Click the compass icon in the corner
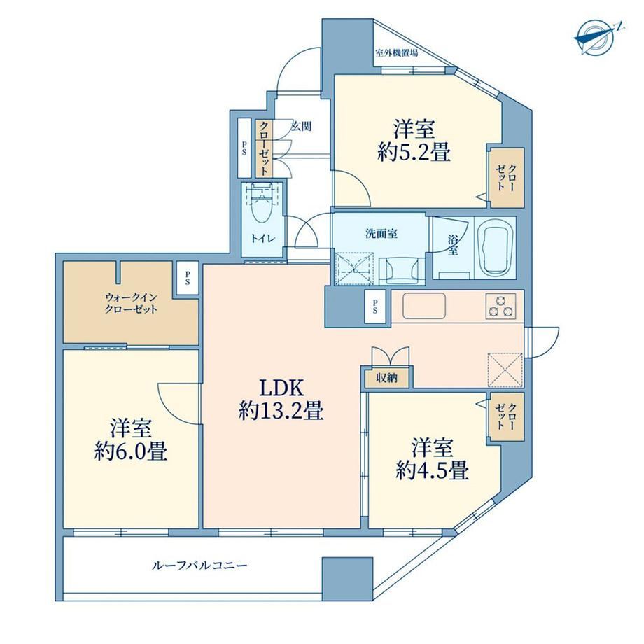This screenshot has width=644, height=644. (x=596, y=37)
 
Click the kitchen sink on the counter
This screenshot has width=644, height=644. (x=424, y=306)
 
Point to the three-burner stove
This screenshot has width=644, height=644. (x=500, y=306)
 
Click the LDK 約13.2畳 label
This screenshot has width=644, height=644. (x=281, y=399)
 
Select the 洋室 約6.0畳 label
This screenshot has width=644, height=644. (x=131, y=440)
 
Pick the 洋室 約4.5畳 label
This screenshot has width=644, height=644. (x=433, y=459)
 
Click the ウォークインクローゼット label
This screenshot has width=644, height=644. (x=131, y=304)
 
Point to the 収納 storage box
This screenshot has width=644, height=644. (x=387, y=377)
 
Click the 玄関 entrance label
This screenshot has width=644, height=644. (x=302, y=126)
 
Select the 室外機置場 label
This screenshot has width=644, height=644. (x=397, y=53)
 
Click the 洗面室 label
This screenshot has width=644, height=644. (x=381, y=234)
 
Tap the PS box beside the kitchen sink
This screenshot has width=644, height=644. (x=375, y=307)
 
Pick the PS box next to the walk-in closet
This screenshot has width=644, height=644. (x=188, y=278)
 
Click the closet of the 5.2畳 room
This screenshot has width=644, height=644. (x=507, y=177)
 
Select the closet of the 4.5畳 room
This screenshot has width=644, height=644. (x=507, y=417)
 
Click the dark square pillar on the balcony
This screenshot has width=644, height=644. (x=347, y=579)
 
